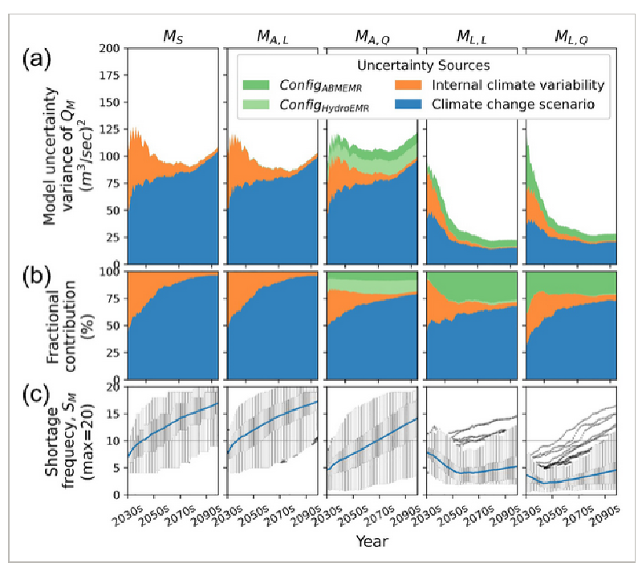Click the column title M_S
coord(173,37)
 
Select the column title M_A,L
coord(273,37)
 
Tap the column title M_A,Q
coord(372,37)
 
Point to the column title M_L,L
coord(472,37)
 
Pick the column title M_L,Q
coord(571,37)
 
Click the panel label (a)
coord(36,59)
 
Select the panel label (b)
coord(36,277)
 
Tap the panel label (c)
coord(36,395)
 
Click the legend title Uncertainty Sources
coord(424,66)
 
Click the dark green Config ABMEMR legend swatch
coord(256,85)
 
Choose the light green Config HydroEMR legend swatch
coord(256,104)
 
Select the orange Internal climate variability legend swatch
coord(408,85)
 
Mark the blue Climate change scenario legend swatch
coord(408,104)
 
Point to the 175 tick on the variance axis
coord(110,75)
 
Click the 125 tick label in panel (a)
coord(110,129)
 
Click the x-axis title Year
coord(372,541)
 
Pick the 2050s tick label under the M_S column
coord(154,516)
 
